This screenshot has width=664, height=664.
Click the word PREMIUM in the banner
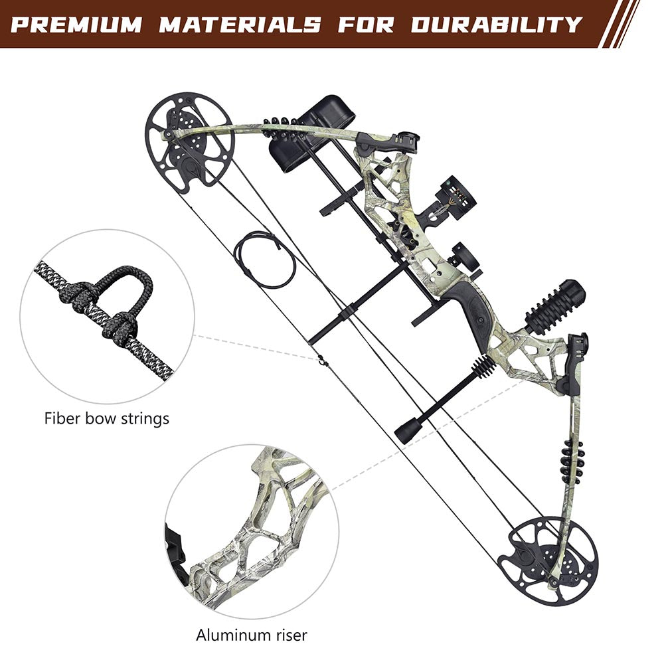tap(77, 25)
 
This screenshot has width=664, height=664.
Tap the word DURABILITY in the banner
tap(496, 25)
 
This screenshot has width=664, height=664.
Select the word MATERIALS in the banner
tap(239, 25)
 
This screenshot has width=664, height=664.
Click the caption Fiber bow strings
tap(107, 418)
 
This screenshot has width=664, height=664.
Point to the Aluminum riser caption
tap(252, 635)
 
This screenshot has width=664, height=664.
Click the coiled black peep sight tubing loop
tap(264, 259)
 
